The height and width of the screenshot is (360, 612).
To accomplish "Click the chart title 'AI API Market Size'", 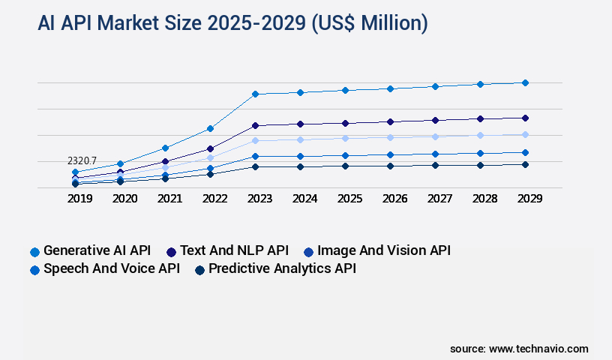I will [232, 23].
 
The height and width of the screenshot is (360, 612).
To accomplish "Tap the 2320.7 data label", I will [82, 160].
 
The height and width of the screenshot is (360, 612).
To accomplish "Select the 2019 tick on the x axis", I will [80, 199].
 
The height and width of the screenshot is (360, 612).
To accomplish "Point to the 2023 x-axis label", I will [259, 199].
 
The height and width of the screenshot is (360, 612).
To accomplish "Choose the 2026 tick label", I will [394, 199].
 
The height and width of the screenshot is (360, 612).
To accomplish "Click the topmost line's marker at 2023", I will [255, 94].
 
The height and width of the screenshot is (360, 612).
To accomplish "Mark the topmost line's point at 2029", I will [525, 82].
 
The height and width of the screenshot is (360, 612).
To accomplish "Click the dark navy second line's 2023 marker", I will [255, 125].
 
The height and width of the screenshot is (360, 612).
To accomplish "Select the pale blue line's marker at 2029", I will [525, 134].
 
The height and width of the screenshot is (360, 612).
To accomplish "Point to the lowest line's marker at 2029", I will [525, 164].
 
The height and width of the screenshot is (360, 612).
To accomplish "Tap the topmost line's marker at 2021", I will [165, 148].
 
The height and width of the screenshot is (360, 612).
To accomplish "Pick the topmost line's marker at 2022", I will [210, 128].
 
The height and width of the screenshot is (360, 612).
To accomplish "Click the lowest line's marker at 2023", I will [255, 166].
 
